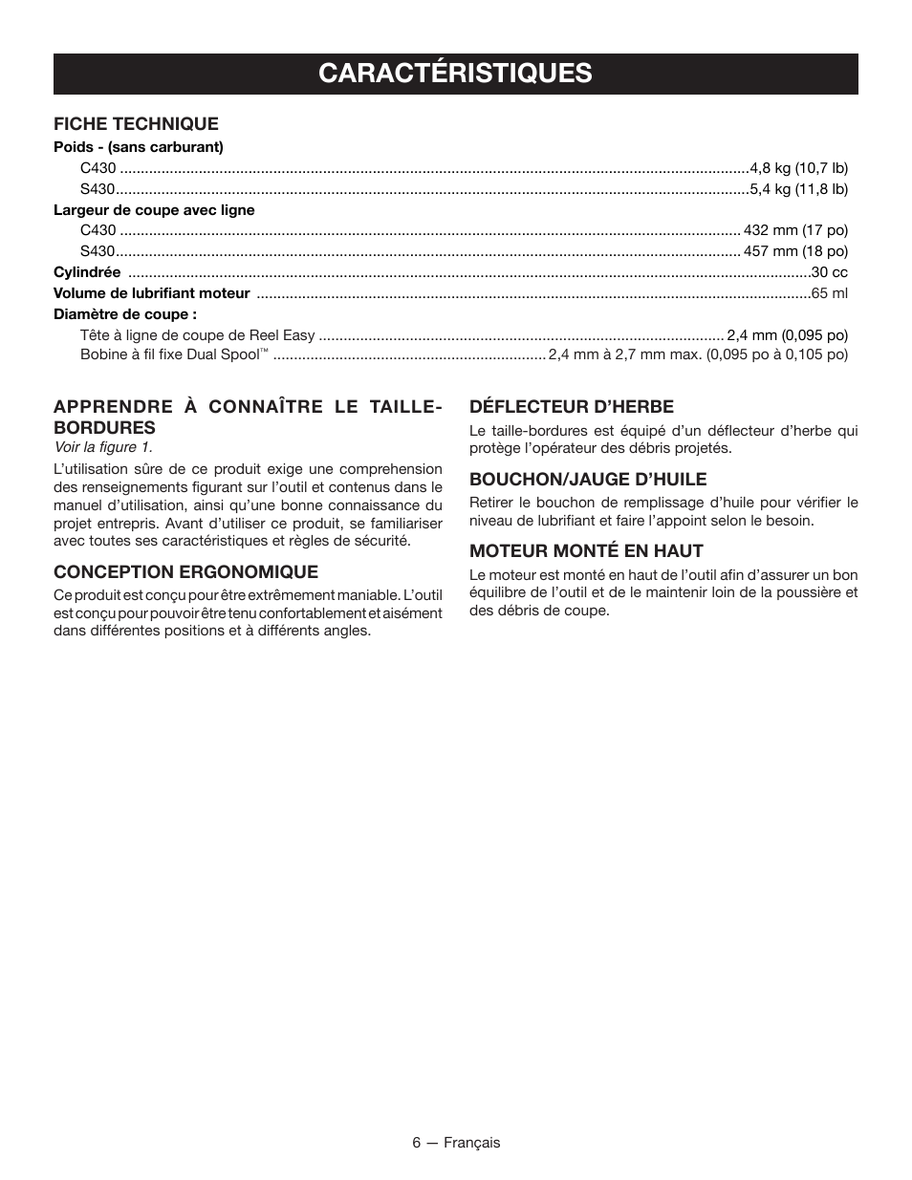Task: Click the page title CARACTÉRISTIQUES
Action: pyautogui.click(x=455, y=74)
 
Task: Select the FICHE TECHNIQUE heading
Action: pyautogui.click(x=136, y=123)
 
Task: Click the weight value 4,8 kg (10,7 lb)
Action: pyautogui.click(x=798, y=168)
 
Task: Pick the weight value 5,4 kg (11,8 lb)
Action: pyautogui.click(x=798, y=189)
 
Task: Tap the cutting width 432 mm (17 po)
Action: pyautogui.click(x=795, y=230)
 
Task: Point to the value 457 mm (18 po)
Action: pyautogui.click(x=795, y=251)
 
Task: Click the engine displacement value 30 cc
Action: pyautogui.click(x=829, y=272)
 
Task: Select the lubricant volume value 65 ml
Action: pyautogui.click(x=829, y=293)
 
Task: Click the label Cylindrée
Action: pyautogui.click(x=87, y=272)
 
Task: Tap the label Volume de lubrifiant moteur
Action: pyautogui.click(x=151, y=293)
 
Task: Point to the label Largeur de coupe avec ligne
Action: pyautogui.click(x=154, y=210)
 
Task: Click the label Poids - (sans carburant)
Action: pyautogui.click(x=138, y=147)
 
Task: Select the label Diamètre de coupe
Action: pyautogui.click(x=125, y=314)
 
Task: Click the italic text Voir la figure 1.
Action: pyautogui.click(x=102, y=447)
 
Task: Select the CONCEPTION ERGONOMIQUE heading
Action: pyautogui.click(x=185, y=571)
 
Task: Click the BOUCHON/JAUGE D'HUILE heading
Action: pyautogui.click(x=587, y=479)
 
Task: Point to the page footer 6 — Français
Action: pyautogui.click(x=456, y=1143)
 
